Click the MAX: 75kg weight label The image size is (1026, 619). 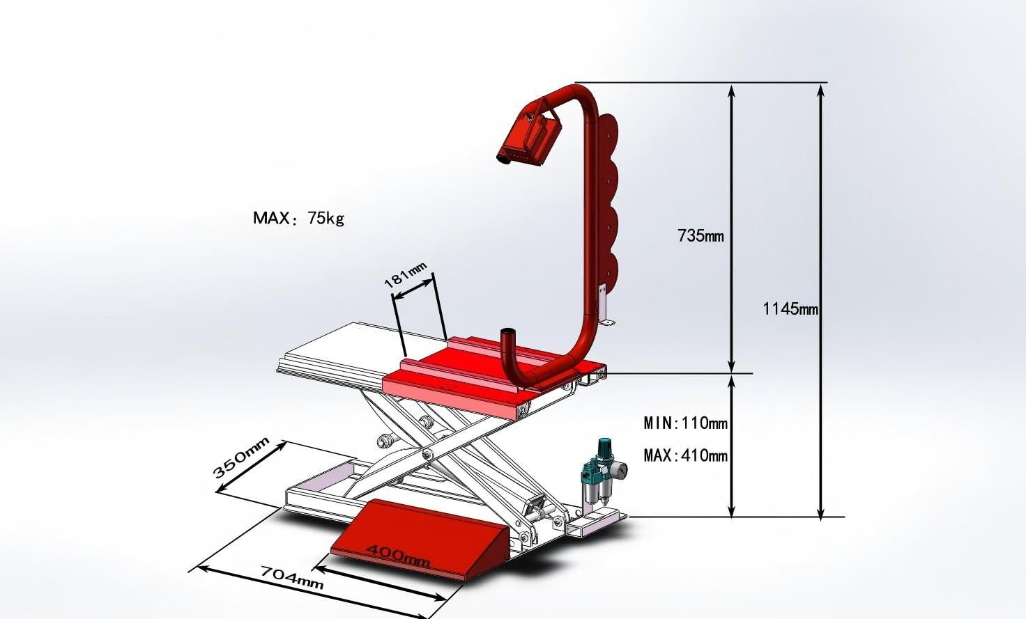pyautogui.click(x=298, y=218)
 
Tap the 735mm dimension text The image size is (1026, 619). pyautogui.click(x=700, y=236)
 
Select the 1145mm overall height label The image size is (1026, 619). pyautogui.click(x=790, y=309)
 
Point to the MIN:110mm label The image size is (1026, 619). pyautogui.click(x=686, y=423)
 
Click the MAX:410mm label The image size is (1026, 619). pyautogui.click(x=686, y=455)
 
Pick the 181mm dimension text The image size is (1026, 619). pyautogui.click(x=406, y=274)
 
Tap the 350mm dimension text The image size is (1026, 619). pyautogui.click(x=241, y=457)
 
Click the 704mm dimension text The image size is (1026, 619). pyautogui.click(x=292, y=578)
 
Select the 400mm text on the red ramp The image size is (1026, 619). pyautogui.click(x=399, y=556)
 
